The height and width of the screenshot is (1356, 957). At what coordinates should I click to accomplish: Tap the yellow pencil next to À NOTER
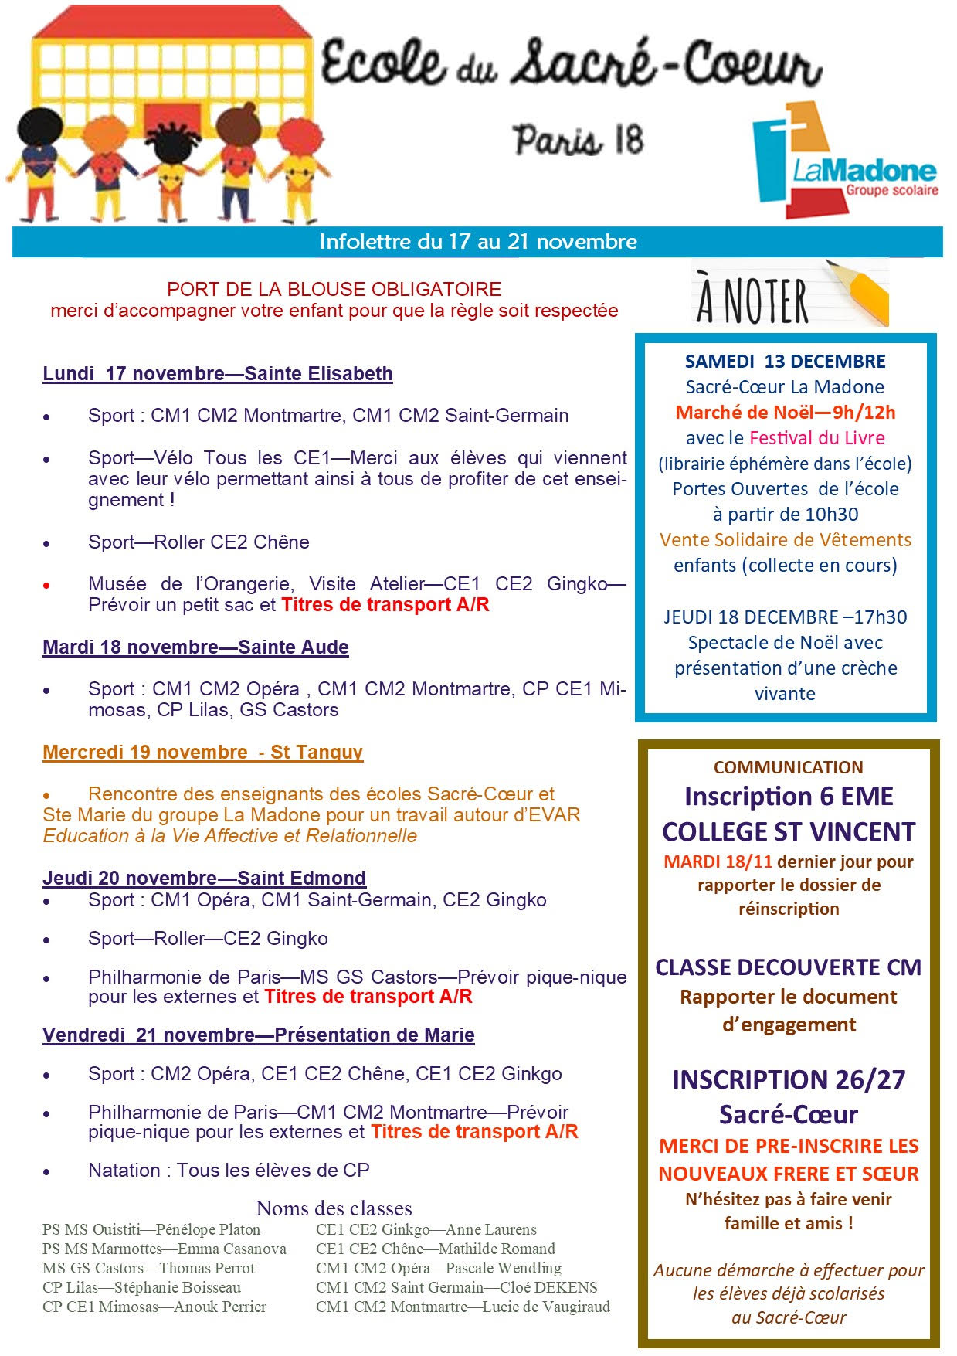click(860, 293)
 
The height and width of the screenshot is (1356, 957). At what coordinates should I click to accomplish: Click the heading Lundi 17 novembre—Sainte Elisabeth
click(218, 374)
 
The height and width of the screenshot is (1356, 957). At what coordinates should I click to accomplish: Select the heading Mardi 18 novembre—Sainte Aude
click(195, 647)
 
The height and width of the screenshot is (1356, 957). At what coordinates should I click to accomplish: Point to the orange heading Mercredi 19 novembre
click(202, 753)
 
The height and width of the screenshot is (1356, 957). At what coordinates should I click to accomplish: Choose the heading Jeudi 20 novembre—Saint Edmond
click(204, 879)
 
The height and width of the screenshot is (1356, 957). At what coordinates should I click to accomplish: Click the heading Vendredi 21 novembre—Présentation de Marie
click(259, 1035)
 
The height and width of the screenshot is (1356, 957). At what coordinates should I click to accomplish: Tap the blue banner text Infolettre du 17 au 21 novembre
click(478, 242)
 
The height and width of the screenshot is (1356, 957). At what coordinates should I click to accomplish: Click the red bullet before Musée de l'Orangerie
click(47, 586)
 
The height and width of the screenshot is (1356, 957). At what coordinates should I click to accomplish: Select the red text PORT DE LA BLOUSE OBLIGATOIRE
click(334, 290)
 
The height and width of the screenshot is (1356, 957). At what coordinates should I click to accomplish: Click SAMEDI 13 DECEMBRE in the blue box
click(785, 362)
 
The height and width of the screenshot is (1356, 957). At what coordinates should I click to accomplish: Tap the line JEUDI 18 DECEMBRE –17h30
click(785, 617)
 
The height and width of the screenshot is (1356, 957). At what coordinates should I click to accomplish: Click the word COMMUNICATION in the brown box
click(788, 767)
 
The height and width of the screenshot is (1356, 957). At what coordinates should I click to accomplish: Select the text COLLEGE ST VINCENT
click(788, 831)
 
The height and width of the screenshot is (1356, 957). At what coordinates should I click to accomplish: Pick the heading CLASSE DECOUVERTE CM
click(788, 967)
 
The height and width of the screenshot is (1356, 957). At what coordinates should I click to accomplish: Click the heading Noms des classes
click(334, 1208)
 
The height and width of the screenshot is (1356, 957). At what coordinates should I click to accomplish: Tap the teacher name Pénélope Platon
click(208, 1229)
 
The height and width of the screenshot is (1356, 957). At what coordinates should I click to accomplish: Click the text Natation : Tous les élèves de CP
click(229, 1171)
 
